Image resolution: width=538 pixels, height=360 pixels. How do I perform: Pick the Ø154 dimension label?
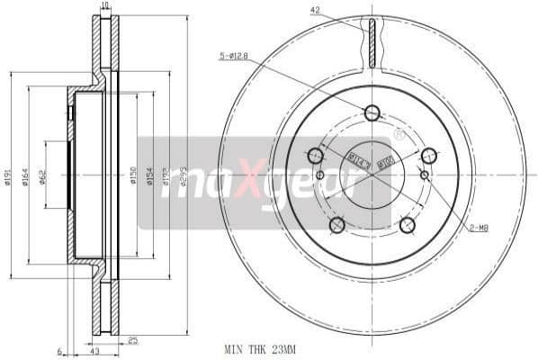pyautogui.click(x=149, y=177)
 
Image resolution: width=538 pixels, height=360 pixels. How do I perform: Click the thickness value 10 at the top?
pyautogui.click(x=105, y=6)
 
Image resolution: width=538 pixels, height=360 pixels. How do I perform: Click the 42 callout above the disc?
pyautogui.click(x=315, y=10)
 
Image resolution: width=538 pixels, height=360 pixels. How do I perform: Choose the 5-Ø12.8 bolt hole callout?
pyautogui.click(x=233, y=58)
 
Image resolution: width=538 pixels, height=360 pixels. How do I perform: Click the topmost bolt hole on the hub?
pyautogui.click(x=372, y=112)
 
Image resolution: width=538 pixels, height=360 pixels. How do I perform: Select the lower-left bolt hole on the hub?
pyautogui.click(x=337, y=224)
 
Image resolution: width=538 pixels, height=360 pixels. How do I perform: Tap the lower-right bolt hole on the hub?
pyautogui.click(x=407, y=224)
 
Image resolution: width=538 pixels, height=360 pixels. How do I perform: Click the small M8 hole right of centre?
pyautogui.click(x=422, y=175)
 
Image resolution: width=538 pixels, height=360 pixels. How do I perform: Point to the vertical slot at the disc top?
pyautogui.click(x=372, y=42)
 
